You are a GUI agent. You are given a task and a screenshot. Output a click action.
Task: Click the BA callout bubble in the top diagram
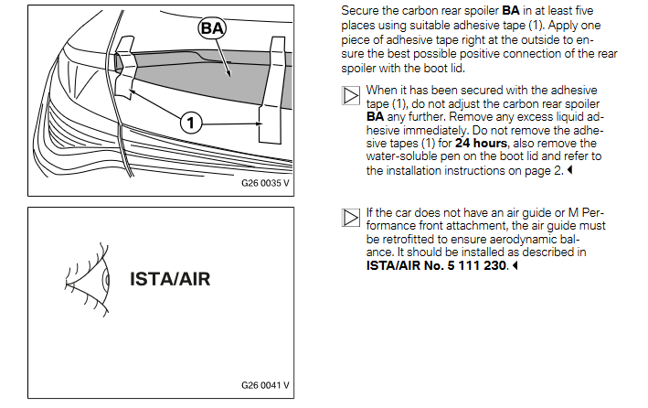point(212,28)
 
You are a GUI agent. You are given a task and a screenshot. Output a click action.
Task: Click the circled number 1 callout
point(191,123)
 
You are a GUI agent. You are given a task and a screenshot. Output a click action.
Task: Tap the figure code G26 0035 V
point(265,183)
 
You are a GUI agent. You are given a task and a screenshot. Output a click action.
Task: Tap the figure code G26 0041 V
point(265,385)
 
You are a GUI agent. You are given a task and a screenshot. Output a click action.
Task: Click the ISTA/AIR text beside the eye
point(170,279)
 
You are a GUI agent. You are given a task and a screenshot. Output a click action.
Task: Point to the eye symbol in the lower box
point(87,280)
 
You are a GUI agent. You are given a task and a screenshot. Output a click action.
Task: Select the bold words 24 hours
point(481,144)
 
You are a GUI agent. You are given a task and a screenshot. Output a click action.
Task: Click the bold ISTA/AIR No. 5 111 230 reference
point(436,265)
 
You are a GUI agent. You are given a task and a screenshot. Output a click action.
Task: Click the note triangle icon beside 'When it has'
point(351,95)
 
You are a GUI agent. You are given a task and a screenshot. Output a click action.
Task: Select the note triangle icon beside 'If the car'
point(351,218)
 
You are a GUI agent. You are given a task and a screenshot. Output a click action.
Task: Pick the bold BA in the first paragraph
point(511,10)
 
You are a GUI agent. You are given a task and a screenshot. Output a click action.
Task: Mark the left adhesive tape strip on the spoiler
point(125,68)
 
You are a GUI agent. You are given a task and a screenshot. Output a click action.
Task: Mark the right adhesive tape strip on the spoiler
point(272,91)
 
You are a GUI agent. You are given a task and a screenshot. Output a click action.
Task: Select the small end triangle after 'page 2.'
point(570,169)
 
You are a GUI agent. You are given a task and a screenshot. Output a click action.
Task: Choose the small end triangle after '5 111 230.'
point(515,265)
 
